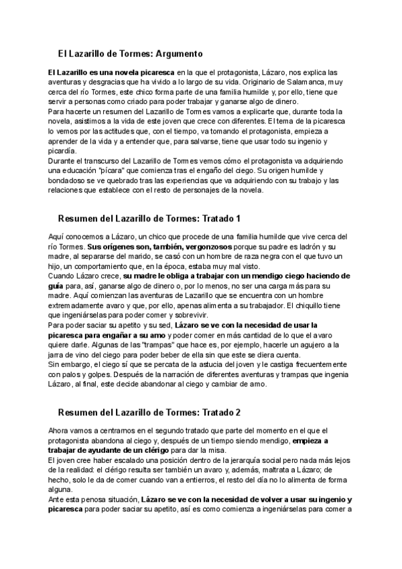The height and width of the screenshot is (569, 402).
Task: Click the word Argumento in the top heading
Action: [173, 53]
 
